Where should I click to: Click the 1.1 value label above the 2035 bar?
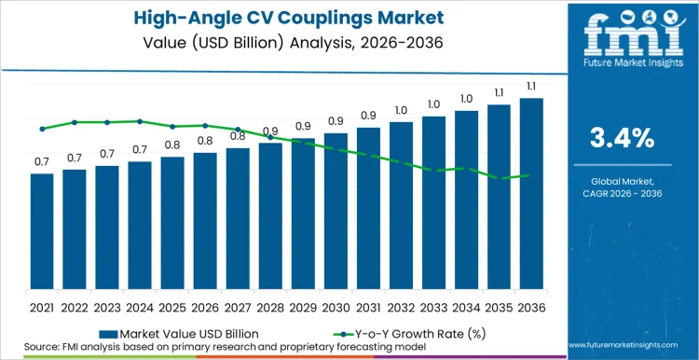click(499, 93)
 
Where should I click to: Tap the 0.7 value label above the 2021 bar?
click(42, 162)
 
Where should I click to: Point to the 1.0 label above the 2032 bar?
click(401, 110)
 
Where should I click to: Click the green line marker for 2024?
click(140, 121)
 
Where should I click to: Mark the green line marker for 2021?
click(42, 129)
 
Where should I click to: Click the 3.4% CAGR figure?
click(623, 138)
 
